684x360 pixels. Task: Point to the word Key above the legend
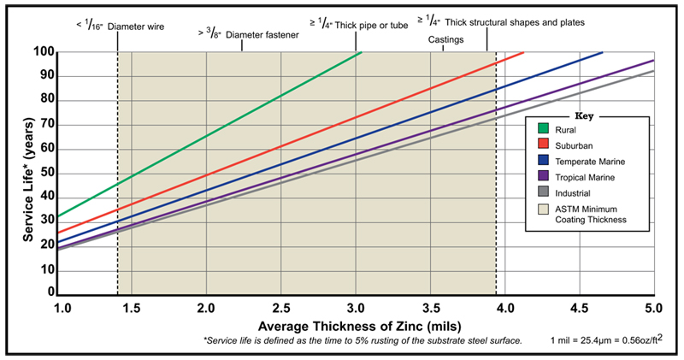coord(586,114)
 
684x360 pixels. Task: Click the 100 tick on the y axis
coord(45,53)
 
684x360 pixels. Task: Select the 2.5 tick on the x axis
coord(280,306)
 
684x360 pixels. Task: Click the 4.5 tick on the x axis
coord(580,306)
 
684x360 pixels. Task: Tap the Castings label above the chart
coord(446,39)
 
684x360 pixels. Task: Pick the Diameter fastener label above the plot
coord(248,35)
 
